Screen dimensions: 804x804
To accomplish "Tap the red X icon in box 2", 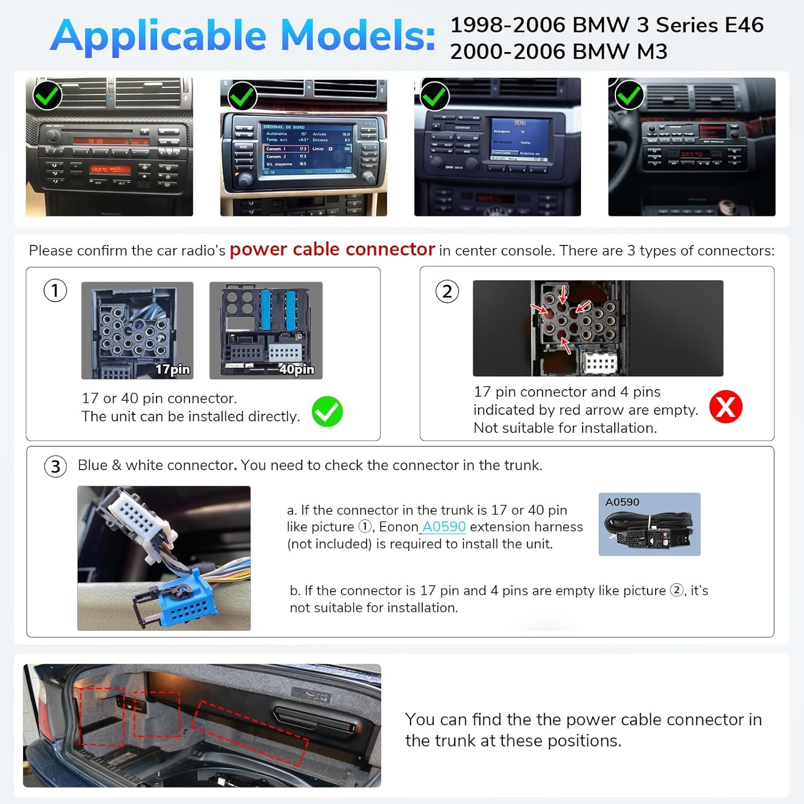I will point(725,407).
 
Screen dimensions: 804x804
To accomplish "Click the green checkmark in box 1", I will point(327,412).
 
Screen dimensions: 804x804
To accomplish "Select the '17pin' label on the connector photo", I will point(173,369).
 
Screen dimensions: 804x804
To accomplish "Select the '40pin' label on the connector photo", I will point(296,369).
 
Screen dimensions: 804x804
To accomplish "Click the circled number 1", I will point(55,291).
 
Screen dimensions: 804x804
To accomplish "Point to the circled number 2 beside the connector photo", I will point(447,292).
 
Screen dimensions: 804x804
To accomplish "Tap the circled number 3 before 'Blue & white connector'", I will point(55,466).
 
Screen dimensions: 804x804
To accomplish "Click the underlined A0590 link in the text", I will point(444,527).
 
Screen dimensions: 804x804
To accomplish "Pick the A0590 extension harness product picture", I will point(649,524).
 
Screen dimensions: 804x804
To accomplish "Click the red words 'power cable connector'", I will point(332,249).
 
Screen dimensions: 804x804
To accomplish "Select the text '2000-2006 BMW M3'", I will point(559,52).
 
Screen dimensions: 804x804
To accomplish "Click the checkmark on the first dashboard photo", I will point(47,95).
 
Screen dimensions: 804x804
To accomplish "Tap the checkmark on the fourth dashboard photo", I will point(629,96).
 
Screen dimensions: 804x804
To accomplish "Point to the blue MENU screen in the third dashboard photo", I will point(519,140).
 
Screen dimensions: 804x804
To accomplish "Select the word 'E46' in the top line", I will point(744,25).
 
